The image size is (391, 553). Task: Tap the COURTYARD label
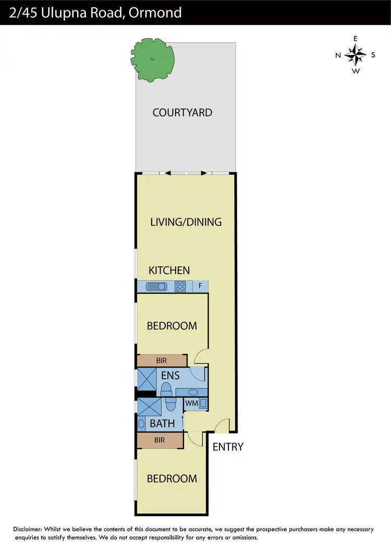(182, 112)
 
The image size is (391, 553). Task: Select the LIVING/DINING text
(186, 222)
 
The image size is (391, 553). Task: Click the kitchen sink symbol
(156, 286)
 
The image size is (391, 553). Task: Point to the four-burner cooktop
(181, 286)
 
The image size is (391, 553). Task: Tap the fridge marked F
(200, 286)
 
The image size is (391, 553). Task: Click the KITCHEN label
(169, 270)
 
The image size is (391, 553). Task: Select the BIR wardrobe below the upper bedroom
(162, 360)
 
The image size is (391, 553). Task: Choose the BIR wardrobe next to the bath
(160, 440)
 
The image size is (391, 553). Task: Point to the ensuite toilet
(165, 388)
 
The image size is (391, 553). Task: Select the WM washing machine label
(191, 403)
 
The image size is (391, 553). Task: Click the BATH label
(162, 424)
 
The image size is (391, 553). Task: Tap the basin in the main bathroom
(141, 424)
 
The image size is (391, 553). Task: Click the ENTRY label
(228, 447)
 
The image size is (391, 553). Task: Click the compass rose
(356, 55)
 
